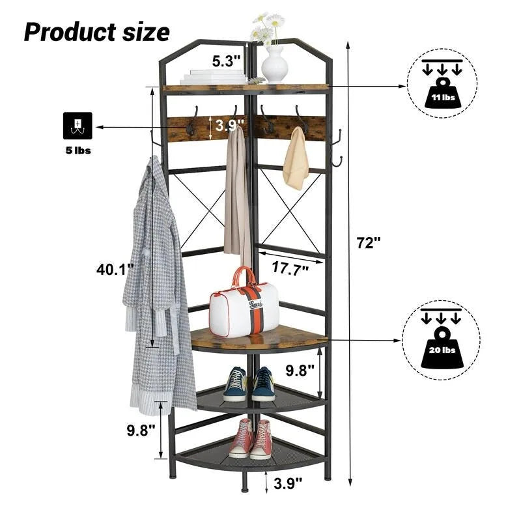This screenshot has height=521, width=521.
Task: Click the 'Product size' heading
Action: point(96,31)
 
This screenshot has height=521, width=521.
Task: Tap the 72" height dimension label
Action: point(368,243)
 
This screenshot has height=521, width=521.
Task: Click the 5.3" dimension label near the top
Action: point(226,61)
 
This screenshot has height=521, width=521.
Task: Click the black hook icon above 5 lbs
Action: point(77,126)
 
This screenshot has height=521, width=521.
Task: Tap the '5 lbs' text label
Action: point(77,150)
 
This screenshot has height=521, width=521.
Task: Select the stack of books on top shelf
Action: point(214,77)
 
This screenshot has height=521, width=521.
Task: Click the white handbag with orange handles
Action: point(244,305)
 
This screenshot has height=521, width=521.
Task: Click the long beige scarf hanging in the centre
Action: point(236,192)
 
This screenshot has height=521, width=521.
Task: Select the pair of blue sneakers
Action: point(249,384)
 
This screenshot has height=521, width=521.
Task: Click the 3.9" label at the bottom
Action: point(287,483)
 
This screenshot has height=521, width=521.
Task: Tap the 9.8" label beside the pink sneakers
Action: point(141,430)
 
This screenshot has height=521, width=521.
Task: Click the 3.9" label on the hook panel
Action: point(231,124)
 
